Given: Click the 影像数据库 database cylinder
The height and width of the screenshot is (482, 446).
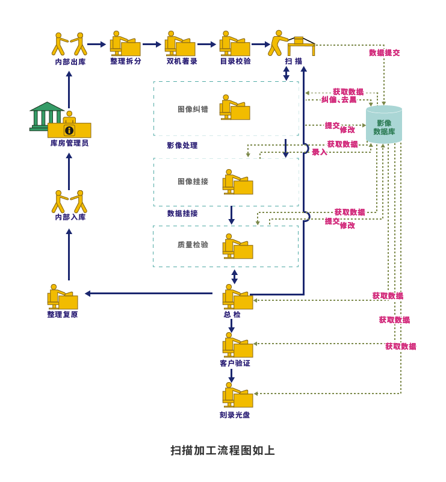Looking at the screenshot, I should click(383, 125).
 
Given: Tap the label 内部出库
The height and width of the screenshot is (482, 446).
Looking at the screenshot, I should click(70, 61).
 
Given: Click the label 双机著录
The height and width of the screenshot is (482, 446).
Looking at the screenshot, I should click(182, 61).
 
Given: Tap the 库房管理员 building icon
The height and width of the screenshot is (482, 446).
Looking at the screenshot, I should click(60, 120).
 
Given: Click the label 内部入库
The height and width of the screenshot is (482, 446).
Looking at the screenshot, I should click(70, 217).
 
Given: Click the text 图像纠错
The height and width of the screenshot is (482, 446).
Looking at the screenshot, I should click(193, 109).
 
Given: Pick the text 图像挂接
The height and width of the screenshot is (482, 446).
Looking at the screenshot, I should click(193, 181).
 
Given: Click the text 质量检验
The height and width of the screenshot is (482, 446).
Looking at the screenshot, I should click(193, 244).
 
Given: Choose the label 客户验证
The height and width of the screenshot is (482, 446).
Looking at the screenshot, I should click(235, 363).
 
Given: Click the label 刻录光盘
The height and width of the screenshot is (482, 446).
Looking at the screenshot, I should click(235, 415).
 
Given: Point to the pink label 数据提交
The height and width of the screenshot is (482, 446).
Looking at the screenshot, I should click(384, 52).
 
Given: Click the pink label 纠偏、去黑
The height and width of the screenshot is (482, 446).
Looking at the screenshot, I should click(339, 99).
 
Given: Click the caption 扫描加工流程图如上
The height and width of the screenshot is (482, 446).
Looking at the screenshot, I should click(223, 450).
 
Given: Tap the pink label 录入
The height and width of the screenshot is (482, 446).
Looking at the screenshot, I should click(320, 152).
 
